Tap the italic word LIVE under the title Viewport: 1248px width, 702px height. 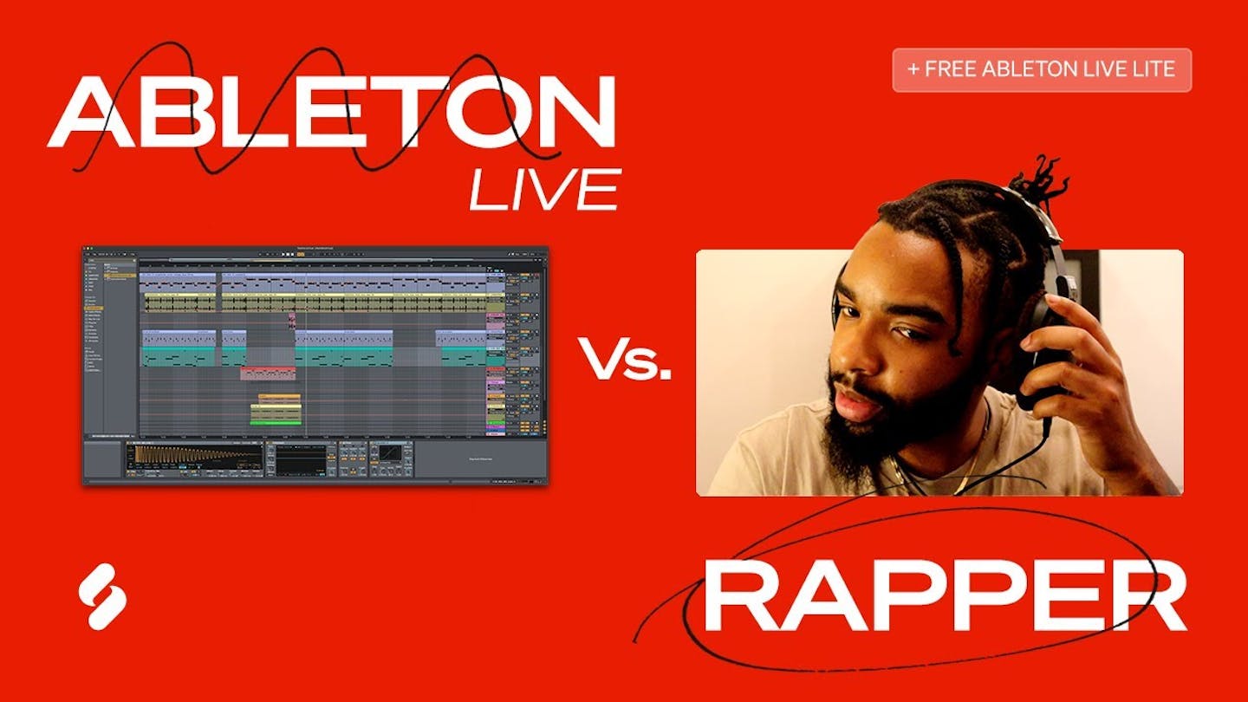point(544,190)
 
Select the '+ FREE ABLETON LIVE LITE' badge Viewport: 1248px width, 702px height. point(1042,70)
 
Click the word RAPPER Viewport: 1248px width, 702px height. point(944,597)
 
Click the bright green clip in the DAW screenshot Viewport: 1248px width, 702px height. point(276,422)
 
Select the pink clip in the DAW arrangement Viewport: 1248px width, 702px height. point(268,374)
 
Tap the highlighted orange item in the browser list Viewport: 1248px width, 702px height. point(120,276)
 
